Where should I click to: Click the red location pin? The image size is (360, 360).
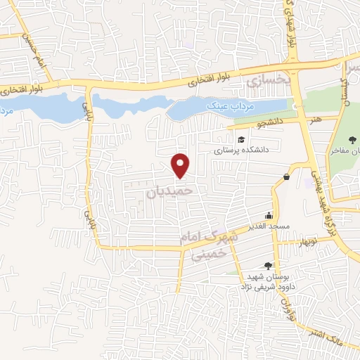[x=181, y=165]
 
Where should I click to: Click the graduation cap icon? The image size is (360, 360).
[x=241, y=139]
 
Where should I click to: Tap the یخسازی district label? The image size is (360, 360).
[x=267, y=81]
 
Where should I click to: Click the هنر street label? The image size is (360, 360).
[x=314, y=120]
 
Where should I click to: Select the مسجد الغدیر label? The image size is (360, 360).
[x=268, y=227]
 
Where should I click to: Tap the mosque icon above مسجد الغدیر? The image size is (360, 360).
[x=269, y=216]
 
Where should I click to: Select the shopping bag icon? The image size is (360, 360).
[x=287, y=176]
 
